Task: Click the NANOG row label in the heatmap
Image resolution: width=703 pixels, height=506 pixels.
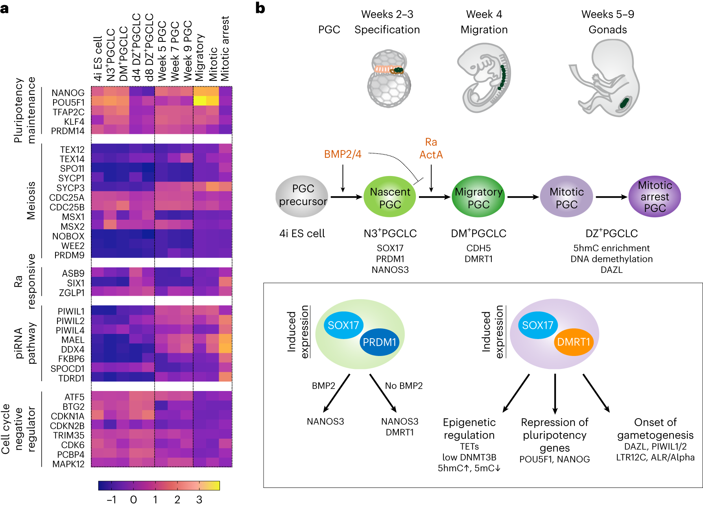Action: click(x=68, y=93)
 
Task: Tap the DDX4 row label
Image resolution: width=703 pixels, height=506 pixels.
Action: click(x=73, y=349)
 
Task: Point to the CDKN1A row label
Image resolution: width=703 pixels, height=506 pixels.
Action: click(x=68, y=416)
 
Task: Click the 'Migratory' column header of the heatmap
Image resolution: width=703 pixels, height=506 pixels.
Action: click(x=200, y=57)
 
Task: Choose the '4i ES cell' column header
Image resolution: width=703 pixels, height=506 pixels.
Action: click(x=98, y=59)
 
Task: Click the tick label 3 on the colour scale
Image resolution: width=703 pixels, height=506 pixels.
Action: click(x=199, y=499)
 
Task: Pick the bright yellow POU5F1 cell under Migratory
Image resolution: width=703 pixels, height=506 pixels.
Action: click(x=199, y=101)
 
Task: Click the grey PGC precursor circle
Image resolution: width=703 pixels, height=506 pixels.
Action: click(x=302, y=196)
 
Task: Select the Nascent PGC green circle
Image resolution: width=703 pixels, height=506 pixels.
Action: click(x=389, y=197)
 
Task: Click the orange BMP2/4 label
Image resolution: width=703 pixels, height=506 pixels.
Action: click(x=343, y=154)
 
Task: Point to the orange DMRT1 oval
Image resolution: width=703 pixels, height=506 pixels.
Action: click(x=574, y=342)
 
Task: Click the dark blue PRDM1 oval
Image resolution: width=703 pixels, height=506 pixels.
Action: click(x=379, y=342)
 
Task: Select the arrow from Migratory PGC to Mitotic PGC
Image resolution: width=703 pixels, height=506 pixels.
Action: click(x=522, y=197)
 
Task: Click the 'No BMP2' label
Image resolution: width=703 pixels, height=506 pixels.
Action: click(x=404, y=386)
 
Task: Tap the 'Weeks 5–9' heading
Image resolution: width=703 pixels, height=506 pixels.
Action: click(x=607, y=15)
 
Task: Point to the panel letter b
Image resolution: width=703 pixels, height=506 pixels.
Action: click(x=260, y=8)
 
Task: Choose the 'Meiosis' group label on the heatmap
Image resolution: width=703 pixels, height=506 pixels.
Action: click(x=31, y=200)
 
